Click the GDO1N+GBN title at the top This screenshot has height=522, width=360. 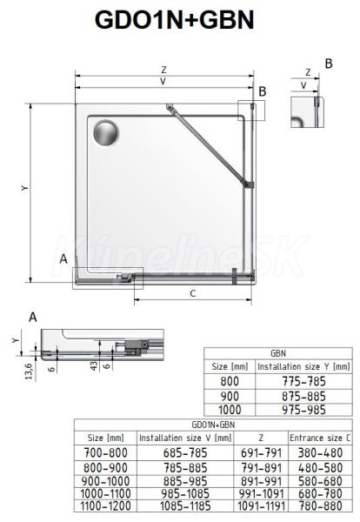[175, 20]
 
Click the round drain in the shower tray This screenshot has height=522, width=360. [105, 133]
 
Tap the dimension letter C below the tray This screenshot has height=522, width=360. [193, 293]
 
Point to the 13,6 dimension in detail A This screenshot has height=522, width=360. [29, 371]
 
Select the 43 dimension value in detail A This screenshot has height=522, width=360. [94, 366]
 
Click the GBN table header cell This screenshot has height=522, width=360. [278, 353]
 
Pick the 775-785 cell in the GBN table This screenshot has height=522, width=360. [303, 381]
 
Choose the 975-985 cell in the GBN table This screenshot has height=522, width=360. [303, 410]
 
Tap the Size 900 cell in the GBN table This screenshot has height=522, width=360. [230, 396]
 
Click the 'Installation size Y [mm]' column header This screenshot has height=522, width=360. [303, 366]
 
